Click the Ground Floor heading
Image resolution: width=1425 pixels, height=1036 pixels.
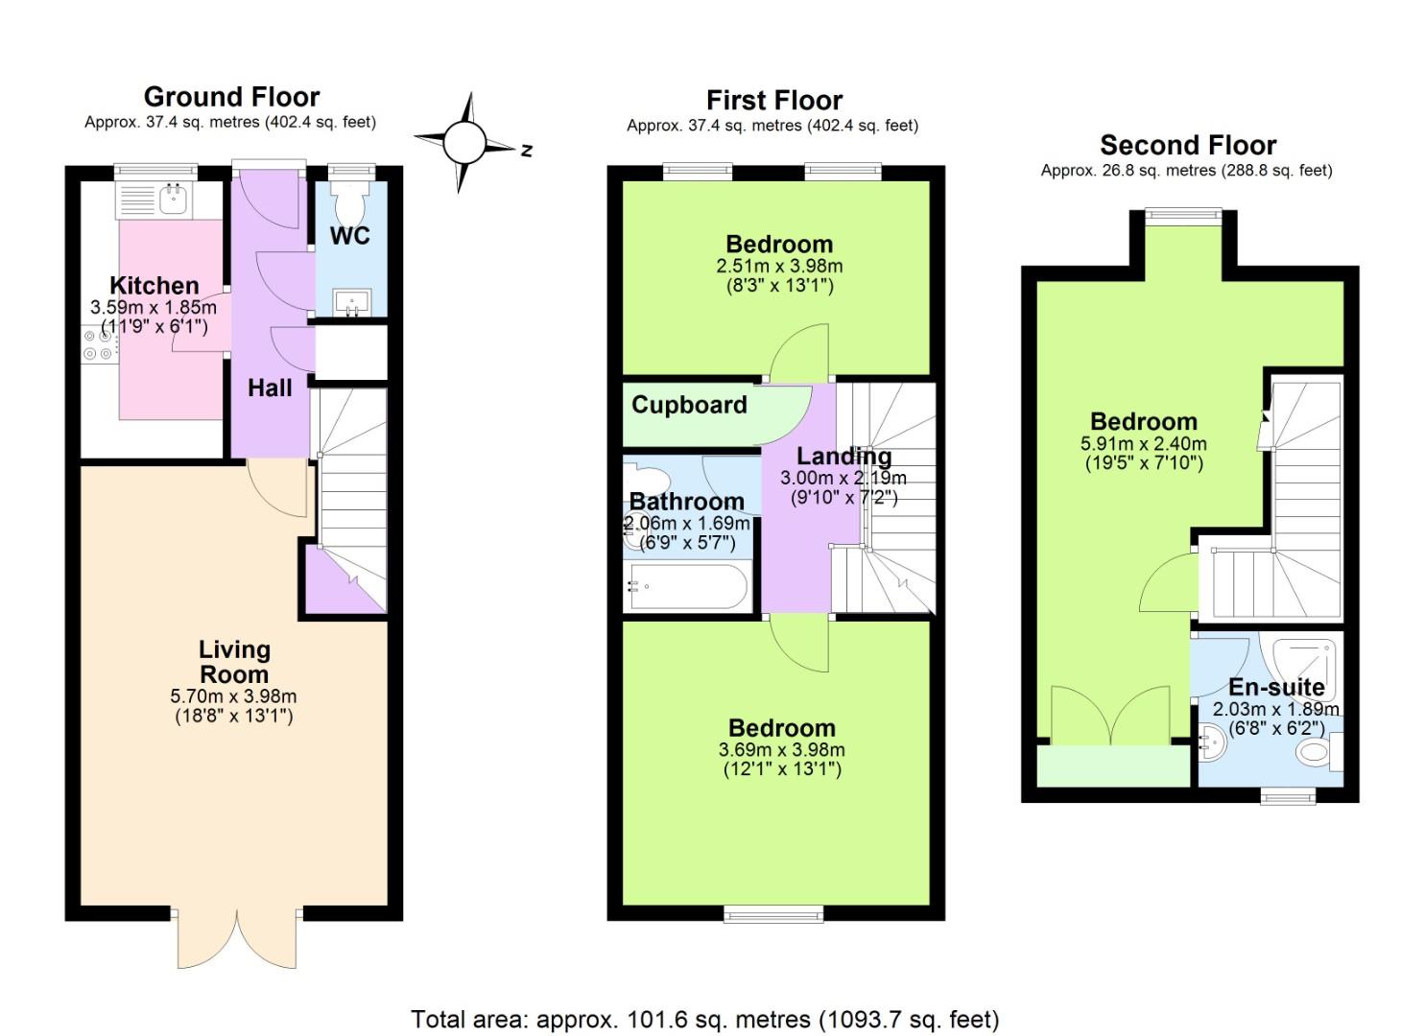(x=231, y=97)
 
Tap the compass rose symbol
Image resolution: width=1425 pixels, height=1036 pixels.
(x=465, y=143)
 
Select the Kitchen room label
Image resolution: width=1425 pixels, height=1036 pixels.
(x=154, y=286)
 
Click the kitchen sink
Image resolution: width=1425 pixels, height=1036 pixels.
(x=173, y=200)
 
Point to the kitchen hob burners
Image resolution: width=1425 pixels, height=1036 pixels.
(x=98, y=344)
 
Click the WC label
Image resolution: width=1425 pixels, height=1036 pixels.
(x=350, y=236)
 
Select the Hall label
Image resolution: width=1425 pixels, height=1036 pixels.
(x=270, y=388)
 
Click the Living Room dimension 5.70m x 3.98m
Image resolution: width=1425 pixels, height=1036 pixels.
(x=233, y=695)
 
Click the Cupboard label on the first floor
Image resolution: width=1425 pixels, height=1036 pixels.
(x=689, y=405)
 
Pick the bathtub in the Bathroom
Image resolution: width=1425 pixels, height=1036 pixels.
(x=688, y=587)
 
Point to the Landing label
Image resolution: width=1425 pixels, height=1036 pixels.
(x=844, y=456)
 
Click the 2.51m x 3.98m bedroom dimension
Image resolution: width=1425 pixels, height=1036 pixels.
(x=779, y=266)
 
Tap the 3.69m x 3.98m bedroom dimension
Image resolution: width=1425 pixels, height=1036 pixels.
(x=782, y=750)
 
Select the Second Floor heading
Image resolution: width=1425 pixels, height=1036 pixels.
(x=1188, y=146)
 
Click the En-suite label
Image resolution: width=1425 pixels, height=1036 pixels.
(x=1276, y=687)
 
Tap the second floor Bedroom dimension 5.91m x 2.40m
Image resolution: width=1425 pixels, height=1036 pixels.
(x=1143, y=443)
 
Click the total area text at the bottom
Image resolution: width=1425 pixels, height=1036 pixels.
(x=705, y=1020)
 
